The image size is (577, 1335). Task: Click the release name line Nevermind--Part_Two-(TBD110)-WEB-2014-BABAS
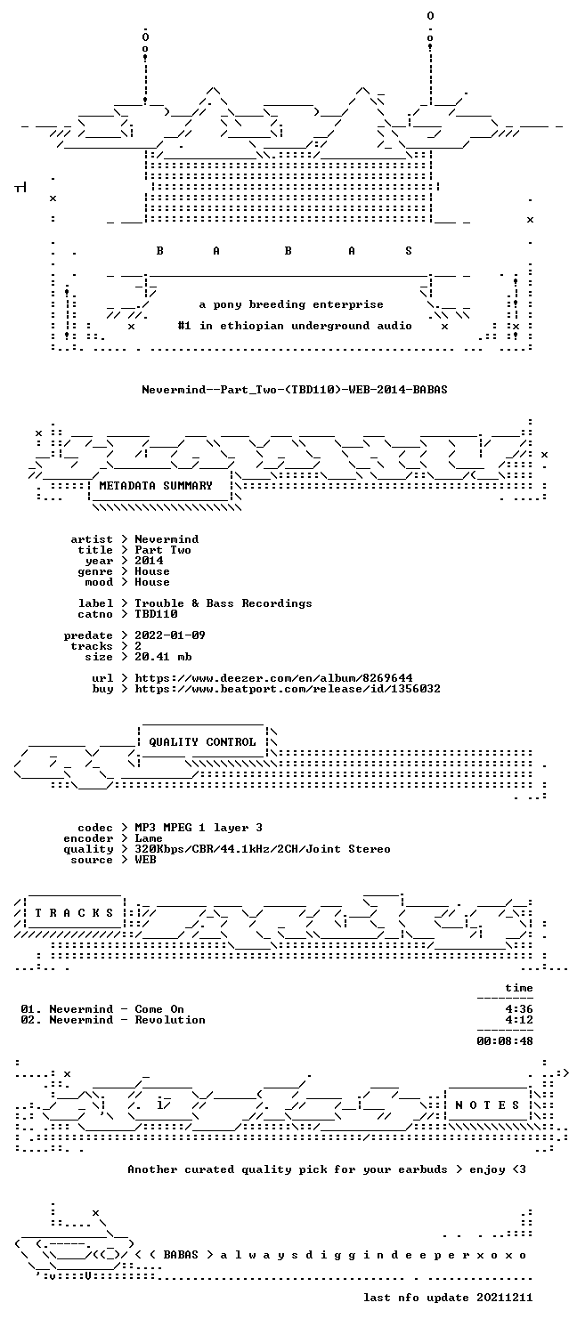(295, 390)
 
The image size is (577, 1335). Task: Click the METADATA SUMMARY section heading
(156, 486)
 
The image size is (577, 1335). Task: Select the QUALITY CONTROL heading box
(202, 742)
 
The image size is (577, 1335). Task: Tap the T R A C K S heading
(74, 913)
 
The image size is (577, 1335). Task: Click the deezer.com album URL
(273, 678)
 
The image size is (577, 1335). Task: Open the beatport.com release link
(288, 689)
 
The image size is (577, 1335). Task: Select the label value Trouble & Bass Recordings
(223, 603)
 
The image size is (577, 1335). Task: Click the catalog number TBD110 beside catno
(156, 614)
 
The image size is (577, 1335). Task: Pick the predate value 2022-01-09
(170, 635)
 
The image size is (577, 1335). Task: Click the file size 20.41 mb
(163, 657)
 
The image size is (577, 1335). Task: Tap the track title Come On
(159, 1009)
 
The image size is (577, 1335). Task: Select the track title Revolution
(170, 1020)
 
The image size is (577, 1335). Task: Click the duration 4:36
(518, 1009)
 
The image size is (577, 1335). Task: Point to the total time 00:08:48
(504, 1041)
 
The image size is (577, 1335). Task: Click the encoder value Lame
(149, 838)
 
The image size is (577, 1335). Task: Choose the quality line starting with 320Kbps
(263, 849)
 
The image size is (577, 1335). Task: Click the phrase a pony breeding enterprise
(291, 304)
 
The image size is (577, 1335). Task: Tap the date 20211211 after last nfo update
(504, 1298)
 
